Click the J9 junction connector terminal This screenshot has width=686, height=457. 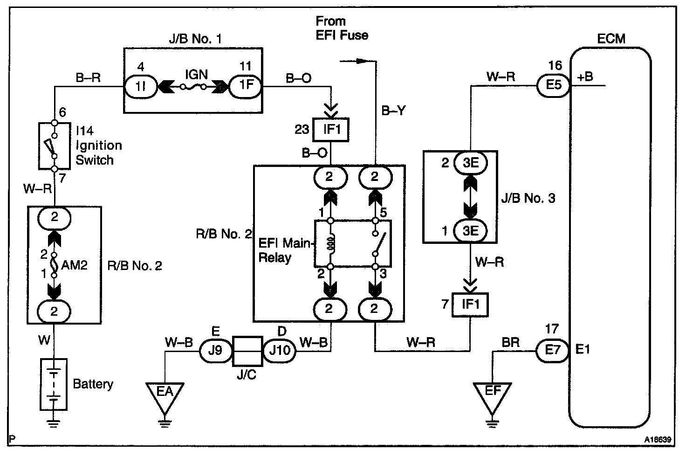[215, 350]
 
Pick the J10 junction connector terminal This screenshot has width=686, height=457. [280, 350]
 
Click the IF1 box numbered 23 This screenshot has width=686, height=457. [330, 129]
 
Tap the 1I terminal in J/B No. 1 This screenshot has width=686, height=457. [142, 86]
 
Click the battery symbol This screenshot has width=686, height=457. [54, 384]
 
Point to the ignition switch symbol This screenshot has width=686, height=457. [54, 146]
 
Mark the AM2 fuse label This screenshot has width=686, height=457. [75, 265]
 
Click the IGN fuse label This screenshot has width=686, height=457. [196, 75]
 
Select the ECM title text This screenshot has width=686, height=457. [611, 38]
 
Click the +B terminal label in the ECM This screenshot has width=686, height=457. [585, 77]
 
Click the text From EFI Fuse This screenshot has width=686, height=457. [342, 28]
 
